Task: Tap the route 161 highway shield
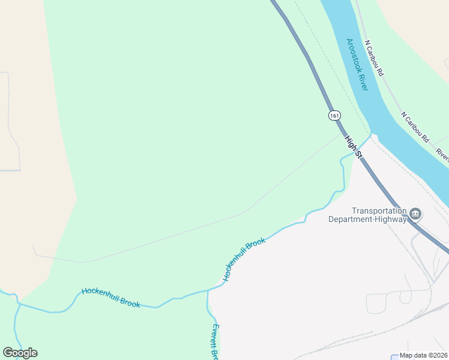click(334, 115)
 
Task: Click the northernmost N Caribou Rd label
click(373, 58)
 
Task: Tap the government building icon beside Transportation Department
click(415, 214)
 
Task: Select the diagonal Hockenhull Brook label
click(244, 259)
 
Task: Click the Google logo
click(20, 353)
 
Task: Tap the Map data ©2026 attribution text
click(424, 355)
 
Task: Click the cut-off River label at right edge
click(442, 155)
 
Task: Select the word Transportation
click(379, 211)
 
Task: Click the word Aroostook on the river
click(354, 55)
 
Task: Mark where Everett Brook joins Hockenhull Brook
click(208, 290)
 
